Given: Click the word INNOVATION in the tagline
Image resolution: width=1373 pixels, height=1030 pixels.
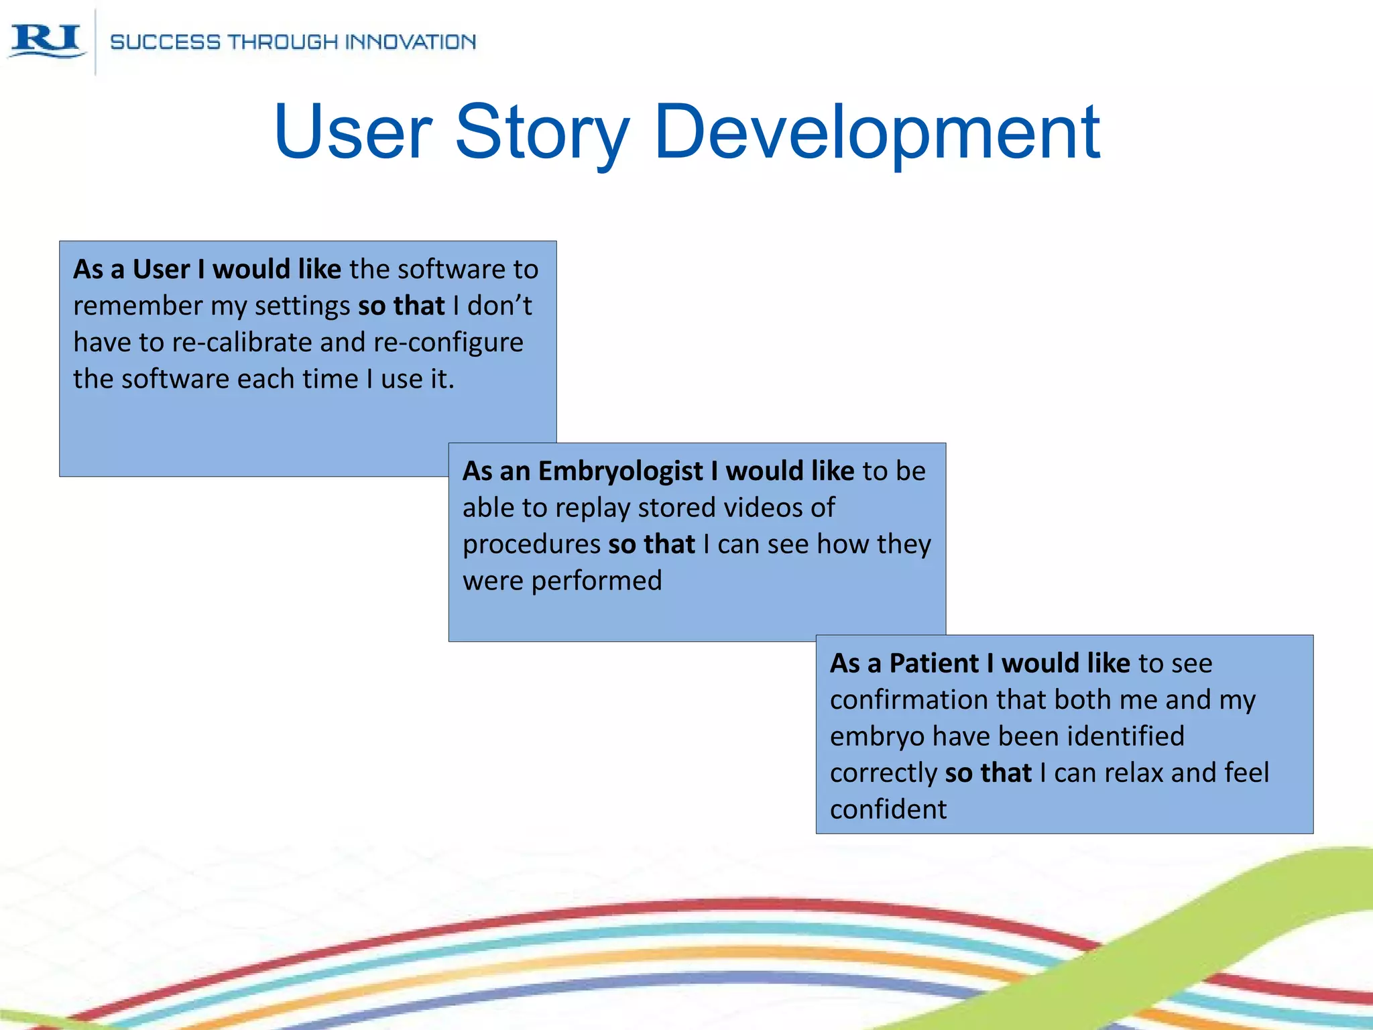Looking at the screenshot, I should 410,42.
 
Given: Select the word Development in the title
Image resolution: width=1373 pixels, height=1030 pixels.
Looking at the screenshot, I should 877,133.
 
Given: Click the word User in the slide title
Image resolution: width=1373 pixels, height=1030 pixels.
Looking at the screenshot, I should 353,133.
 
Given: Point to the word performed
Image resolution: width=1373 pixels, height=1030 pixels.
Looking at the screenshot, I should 596,581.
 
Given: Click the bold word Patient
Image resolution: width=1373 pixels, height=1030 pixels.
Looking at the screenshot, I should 934,664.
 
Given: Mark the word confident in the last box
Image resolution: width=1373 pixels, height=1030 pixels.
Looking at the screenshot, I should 888,809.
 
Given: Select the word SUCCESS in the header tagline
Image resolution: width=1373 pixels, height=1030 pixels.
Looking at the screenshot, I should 165,42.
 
